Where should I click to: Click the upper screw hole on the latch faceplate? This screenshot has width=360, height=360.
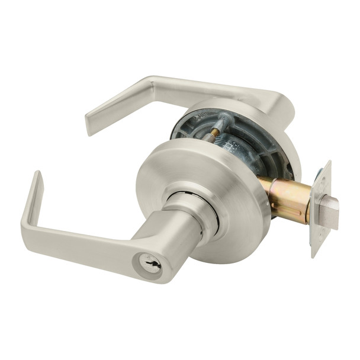(x=320, y=175)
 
